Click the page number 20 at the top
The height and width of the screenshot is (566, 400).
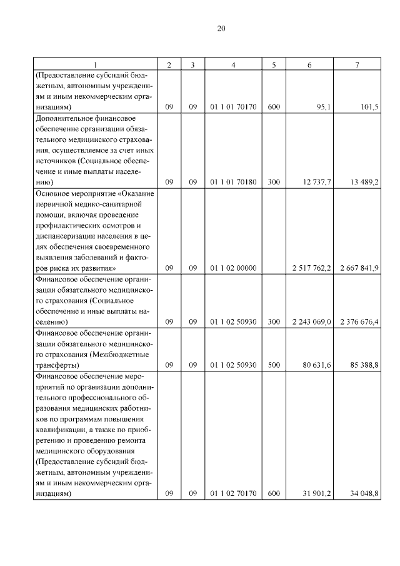(221, 29)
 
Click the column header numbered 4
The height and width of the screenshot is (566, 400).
(234, 65)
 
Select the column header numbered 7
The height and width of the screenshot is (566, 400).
(357, 65)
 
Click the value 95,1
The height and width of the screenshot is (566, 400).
(323, 108)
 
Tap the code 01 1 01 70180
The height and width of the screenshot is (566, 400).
(234, 183)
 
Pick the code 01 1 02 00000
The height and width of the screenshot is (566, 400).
(234, 268)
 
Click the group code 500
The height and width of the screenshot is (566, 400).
(273, 365)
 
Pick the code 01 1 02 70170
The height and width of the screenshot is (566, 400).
(234, 493)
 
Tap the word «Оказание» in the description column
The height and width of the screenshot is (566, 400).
(136, 194)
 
